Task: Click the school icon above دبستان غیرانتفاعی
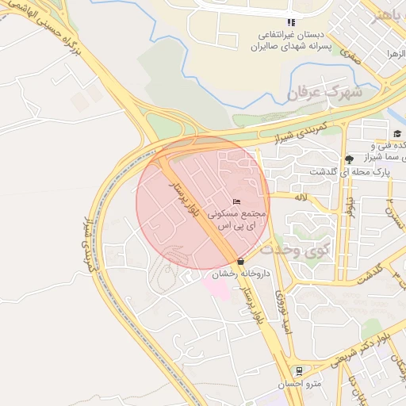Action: tap(291, 22)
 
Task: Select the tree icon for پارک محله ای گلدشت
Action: tap(350, 159)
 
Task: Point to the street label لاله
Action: tap(301, 196)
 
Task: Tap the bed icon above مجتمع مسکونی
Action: tap(236, 202)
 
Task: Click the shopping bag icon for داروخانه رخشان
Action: tap(240, 261)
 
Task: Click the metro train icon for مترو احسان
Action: tap(297, 370)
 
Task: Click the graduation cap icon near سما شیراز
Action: tap(396, 133)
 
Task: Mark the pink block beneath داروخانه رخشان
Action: tap(219, 286)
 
